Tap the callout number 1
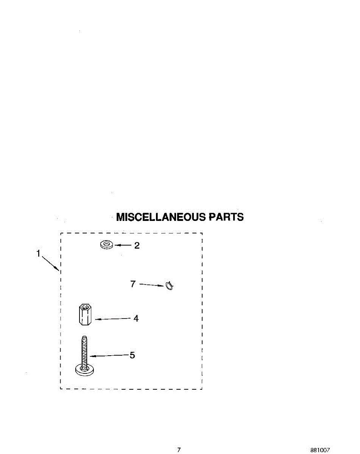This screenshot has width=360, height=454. click(38, 254)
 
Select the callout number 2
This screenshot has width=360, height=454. click(137, 246)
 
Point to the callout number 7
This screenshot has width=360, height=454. click(133, 284)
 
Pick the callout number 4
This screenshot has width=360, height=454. click(136, 319)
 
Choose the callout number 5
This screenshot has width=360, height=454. click(132, 355)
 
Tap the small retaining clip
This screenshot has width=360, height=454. click(169, 286)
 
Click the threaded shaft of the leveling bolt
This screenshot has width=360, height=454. click(84, 350)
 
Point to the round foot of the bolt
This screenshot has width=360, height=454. click(84, 370)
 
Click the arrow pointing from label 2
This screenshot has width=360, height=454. click(122, 246)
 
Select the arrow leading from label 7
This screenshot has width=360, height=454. click(151, 285)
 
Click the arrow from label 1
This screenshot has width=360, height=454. click(50, 264)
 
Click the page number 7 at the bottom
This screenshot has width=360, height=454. click(179, 450)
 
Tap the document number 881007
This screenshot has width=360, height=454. click(320, 450)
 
